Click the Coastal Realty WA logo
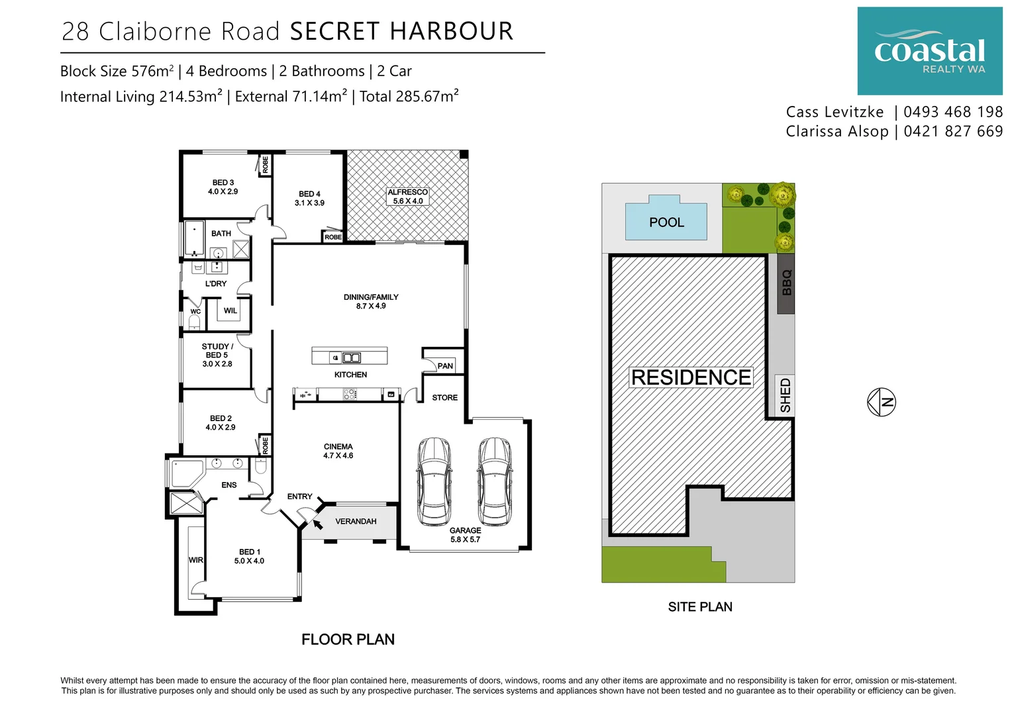click(x=929, y=51)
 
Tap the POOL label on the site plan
click(x=666, y=222)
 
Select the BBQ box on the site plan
click(x=785, y=283)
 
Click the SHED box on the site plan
click(x=785, y=396)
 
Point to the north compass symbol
click(x=882, y=402)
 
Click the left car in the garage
click(x=434, y=481)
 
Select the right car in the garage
click(x=494, y=481)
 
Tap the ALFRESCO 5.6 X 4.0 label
click(x=407, y=197)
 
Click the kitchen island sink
click(x=352, y=358)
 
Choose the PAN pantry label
click(x=445, y=366)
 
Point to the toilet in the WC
click(x=195, y=322)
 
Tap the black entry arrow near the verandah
click(x=317, y=524)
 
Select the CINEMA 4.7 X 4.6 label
click(x=338, y=451)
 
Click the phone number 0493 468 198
click(x=953, y=112)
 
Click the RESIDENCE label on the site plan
click(x=691, y=377)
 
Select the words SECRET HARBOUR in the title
click(x=401, y=31)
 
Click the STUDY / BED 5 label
click(x=217, y=355)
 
